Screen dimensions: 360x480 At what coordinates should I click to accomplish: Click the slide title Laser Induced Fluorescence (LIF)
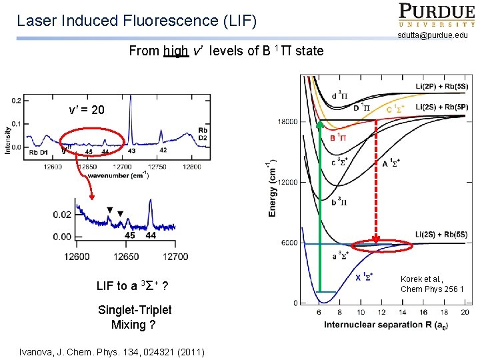(x=136, y=20)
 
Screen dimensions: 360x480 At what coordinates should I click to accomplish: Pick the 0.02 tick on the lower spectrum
(x=63, y=215)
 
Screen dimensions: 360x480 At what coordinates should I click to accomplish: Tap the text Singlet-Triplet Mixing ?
(x=134, y=317)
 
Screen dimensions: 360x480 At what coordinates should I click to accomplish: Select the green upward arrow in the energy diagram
(x=319, y=207)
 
